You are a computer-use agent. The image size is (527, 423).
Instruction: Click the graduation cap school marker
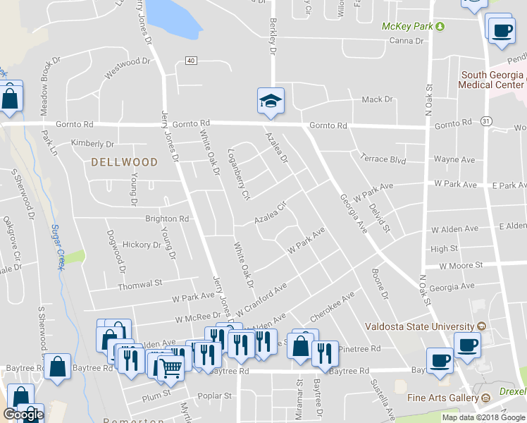[271, 101]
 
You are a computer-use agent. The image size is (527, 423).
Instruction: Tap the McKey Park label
[407, 26]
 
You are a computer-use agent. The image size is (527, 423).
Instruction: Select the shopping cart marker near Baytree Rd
[170, 366]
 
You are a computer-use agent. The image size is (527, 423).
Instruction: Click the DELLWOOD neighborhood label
[124, 162]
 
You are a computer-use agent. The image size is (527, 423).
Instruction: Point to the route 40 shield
[191, 61]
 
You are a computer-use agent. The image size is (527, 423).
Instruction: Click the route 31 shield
[486, 121]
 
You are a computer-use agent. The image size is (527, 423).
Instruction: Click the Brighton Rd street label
[167, 219]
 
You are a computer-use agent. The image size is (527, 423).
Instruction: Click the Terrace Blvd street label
[383, 160]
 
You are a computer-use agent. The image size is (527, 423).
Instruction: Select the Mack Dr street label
[376, 100]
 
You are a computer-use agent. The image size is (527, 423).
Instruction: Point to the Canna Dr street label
[407, 41]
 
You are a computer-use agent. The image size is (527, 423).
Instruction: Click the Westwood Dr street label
[128, 72]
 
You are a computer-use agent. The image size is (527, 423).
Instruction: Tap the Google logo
[23, 415]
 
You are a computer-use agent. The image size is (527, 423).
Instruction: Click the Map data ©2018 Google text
[483, 417]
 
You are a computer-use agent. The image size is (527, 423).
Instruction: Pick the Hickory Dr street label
[142, 245]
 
